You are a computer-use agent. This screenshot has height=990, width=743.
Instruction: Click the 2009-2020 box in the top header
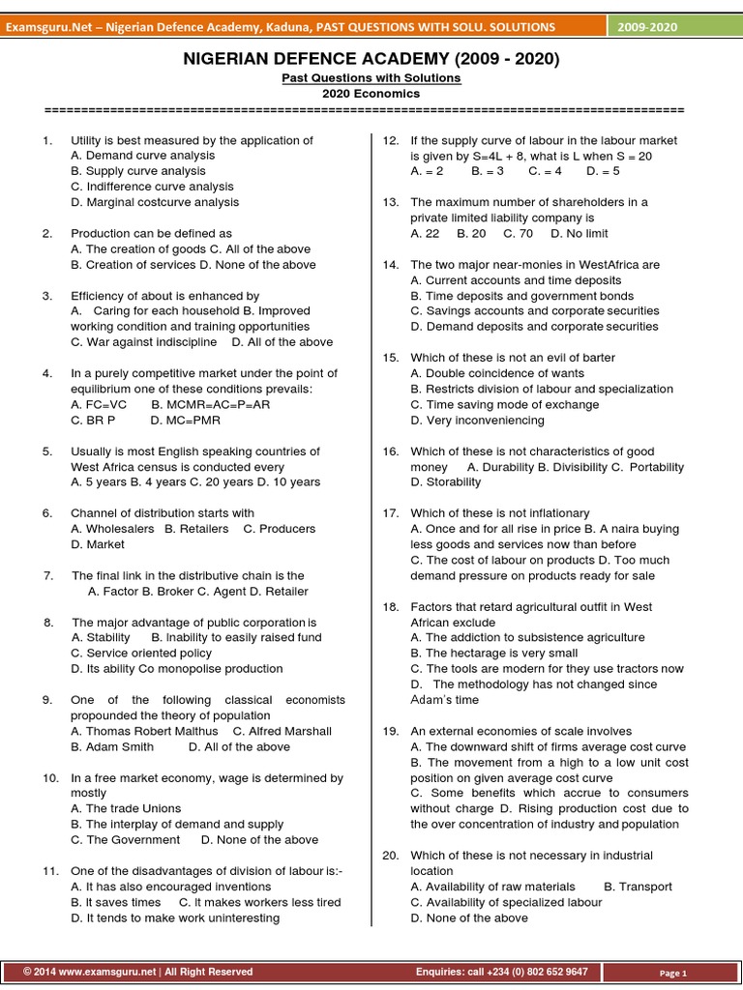(x=648, y=26)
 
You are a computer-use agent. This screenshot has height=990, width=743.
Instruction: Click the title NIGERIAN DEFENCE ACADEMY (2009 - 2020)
(x=371, y=60)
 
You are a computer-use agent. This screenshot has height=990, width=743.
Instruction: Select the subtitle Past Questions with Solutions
(x=371, y=77)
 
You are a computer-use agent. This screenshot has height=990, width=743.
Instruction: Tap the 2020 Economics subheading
(x=371, y=93)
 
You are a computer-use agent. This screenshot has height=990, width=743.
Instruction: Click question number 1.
(x=46, y=140)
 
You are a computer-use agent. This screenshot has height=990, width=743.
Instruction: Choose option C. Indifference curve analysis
(x=152, y=187)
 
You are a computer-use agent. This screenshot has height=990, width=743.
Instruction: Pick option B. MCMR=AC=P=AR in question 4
(x=211, y=404)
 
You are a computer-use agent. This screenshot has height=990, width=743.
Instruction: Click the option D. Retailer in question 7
(x=277, y=591)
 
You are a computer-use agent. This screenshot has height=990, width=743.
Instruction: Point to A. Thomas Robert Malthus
(x=145, y=731)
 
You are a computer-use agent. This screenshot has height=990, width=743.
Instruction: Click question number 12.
(x=391, y=140)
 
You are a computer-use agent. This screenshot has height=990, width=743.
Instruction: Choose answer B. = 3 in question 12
(x=488, y=171)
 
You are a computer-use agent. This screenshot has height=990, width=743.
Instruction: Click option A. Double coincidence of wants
(x=497, y=373)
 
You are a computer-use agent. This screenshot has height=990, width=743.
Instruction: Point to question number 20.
(x=391, y=856)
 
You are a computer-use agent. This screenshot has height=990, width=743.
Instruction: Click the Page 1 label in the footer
(x=672, y=973)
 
